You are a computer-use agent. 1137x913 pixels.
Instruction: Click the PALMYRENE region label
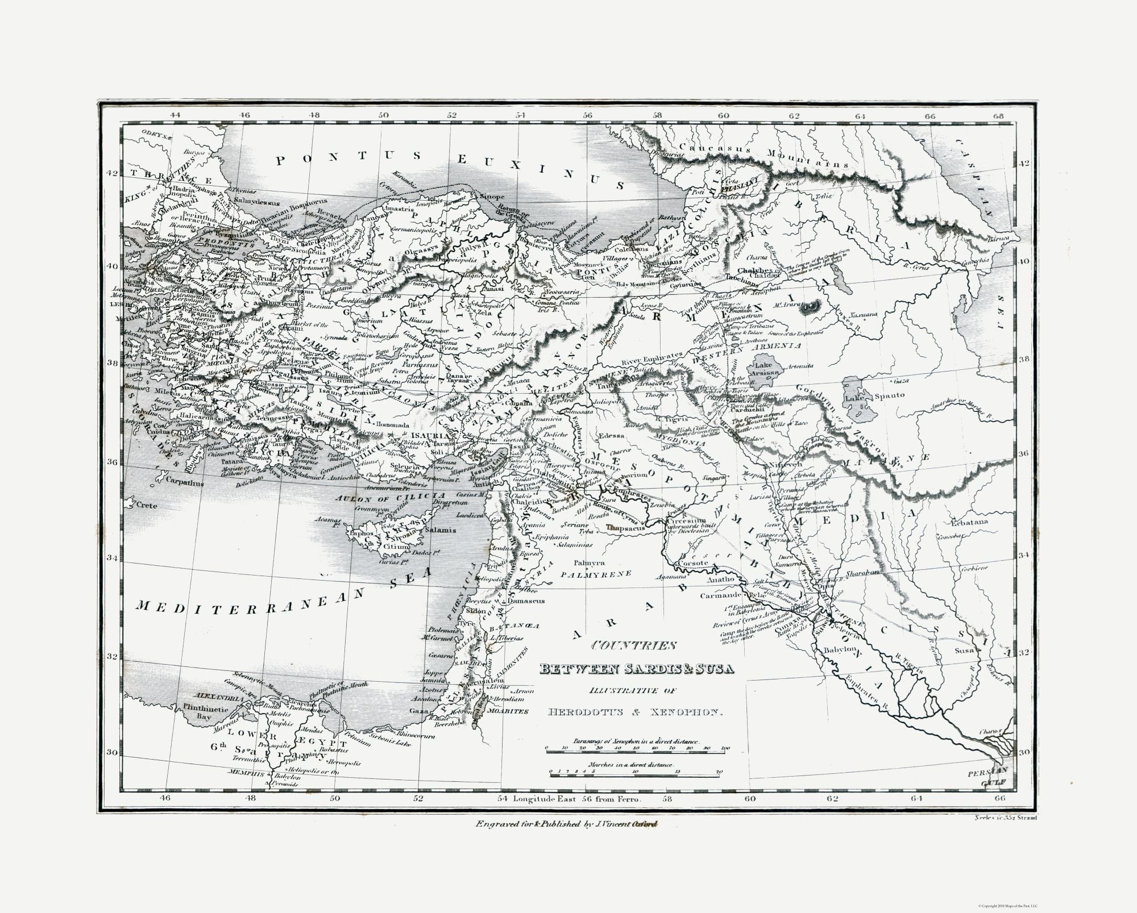pos(595,574)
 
